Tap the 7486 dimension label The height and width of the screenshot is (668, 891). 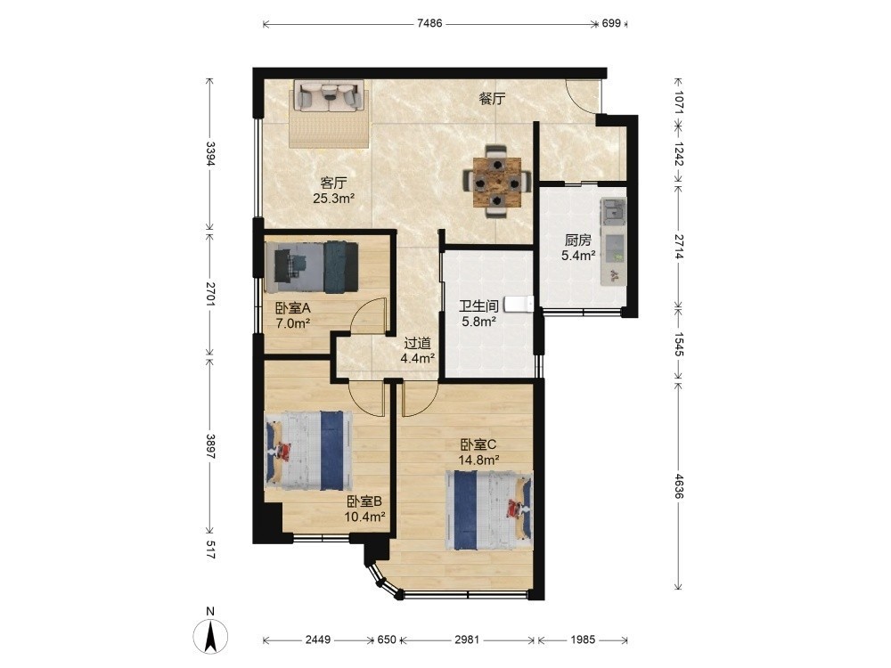click(429, 23)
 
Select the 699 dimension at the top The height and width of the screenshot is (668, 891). click(611, 23)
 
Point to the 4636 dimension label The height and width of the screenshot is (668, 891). click(677, 486)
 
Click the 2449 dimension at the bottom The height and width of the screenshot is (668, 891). click(318, 639)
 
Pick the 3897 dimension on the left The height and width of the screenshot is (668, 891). click(210, 447)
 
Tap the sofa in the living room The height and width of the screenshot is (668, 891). click(329, 95)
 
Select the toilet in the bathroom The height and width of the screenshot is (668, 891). click(518, 304)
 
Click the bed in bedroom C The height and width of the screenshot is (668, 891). click(489, 509)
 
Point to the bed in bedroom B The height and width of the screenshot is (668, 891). click(308, 451)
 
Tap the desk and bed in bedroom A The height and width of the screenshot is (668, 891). click(311, 267)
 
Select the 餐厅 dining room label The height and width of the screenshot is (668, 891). click(492, 99)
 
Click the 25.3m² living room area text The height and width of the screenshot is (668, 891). click(333, 199)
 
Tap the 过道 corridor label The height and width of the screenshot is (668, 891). click(418, 343)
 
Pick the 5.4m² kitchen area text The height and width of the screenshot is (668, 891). click(578, 256)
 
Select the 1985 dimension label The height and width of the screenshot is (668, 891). click(583, 639)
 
